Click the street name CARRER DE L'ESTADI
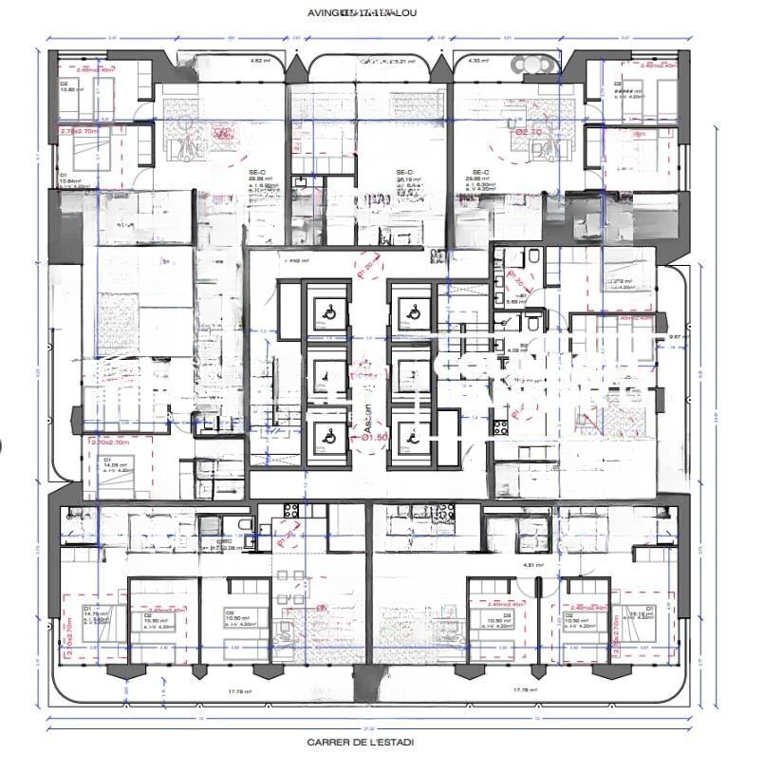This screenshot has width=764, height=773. pos(360,742)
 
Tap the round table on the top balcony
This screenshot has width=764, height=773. pos(530,65)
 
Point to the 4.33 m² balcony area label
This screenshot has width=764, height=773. pos(478,61)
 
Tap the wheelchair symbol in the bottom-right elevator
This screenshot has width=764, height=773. pos(411,436)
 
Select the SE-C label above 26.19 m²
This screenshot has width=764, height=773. pos(402,172)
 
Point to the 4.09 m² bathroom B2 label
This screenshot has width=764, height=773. pos(516,350)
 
